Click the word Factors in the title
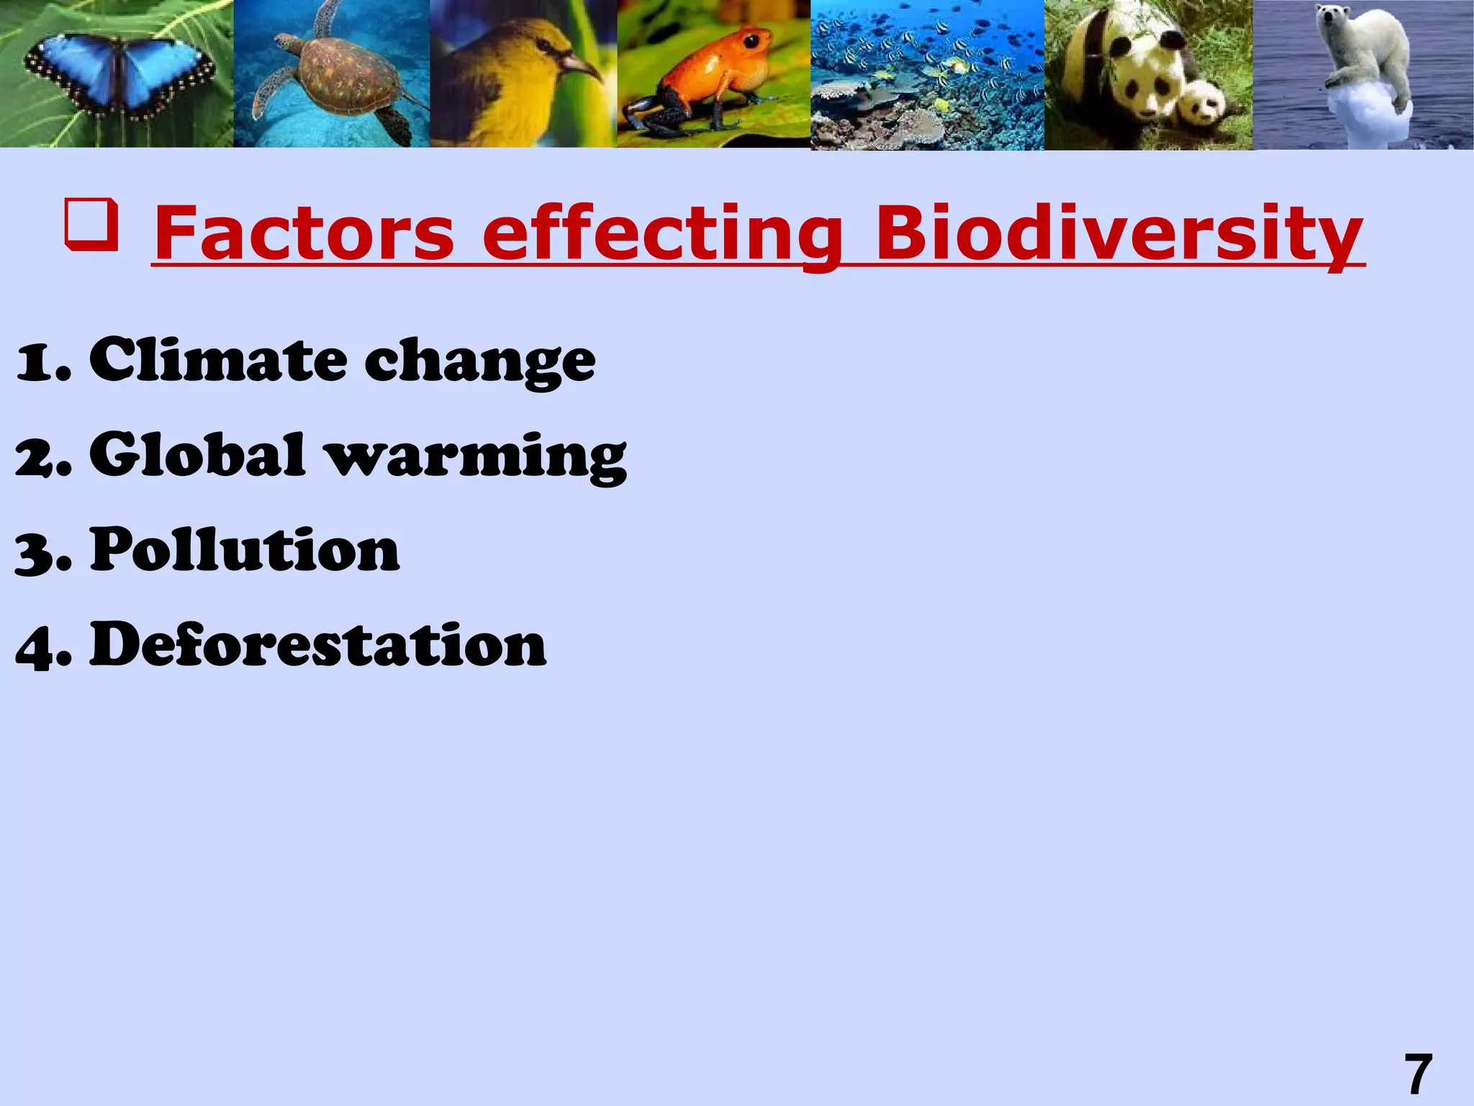[304, 233]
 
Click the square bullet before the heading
[91, 226]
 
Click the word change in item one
[480, 362]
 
